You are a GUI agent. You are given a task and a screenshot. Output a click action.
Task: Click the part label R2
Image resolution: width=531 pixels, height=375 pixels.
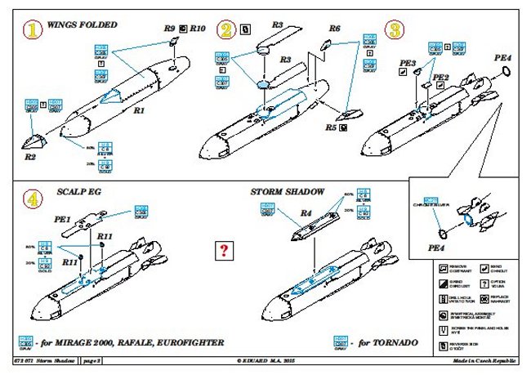point(30,154)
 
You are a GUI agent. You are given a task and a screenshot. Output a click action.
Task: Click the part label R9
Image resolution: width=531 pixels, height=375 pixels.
point(169,28)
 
